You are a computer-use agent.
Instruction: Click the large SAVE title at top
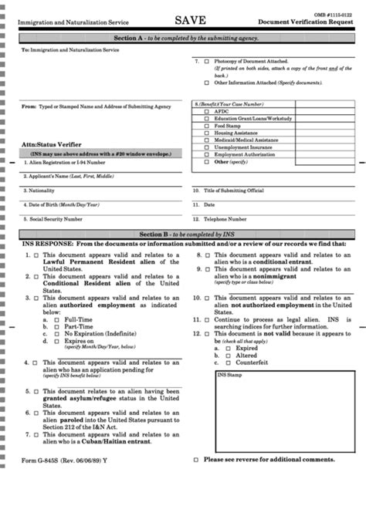click(189, 21)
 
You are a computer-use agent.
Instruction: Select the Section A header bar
click(185, 37)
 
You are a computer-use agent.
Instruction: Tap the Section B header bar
click(185, 233)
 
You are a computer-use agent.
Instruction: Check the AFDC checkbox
click(206, 110)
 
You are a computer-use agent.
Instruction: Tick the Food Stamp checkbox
click(206, 125)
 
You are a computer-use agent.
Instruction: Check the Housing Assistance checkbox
click(206, 132)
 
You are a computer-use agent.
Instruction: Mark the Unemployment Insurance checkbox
click(206, 147)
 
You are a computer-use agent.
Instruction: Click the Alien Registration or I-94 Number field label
click(65, 163)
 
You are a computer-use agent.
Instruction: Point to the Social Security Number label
click(56, 219)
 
